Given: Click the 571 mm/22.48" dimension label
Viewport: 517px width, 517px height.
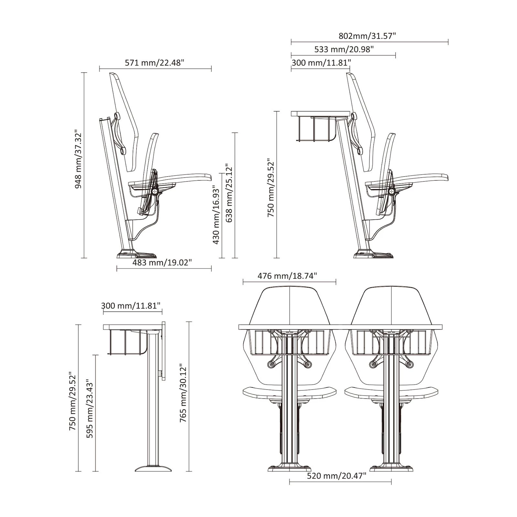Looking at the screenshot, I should tap(154, 63).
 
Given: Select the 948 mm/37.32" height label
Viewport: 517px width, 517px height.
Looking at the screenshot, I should tap(79, 159).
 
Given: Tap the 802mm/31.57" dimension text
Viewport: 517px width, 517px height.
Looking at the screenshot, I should tap(367, 36).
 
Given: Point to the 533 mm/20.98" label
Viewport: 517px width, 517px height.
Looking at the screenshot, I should tap(344, 49).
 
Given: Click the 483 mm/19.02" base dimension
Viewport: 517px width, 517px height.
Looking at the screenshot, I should tap(162, 262).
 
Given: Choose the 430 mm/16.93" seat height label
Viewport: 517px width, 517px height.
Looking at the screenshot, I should tap(216, 215).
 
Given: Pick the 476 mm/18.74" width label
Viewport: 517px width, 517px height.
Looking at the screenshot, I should tap(287, 276).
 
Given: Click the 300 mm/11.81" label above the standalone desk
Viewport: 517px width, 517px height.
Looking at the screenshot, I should tap(131, 306).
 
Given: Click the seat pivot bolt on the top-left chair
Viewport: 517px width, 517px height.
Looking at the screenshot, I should tap(156, 192).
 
